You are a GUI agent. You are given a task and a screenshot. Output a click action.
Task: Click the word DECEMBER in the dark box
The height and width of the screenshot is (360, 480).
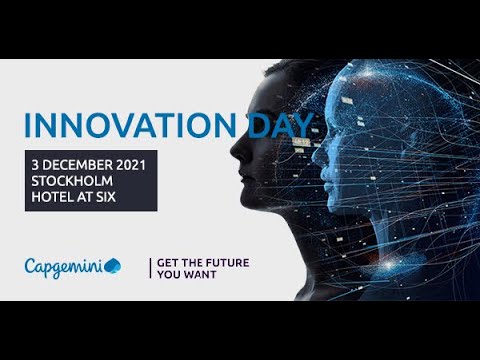click(x=80, y=163)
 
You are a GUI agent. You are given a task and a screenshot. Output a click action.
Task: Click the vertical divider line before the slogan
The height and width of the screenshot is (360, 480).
click(x=150, y=267)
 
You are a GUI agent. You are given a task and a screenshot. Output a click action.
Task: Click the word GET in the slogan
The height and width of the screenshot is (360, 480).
click(x=169, y=261)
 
